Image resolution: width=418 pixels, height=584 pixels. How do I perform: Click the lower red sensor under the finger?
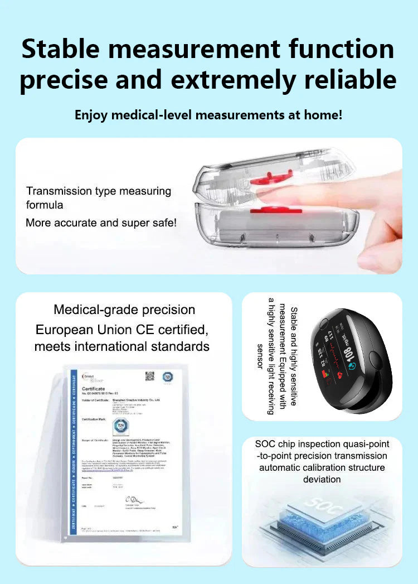coord(268,210)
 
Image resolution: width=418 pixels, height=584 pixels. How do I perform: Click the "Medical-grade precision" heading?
coord(124,310)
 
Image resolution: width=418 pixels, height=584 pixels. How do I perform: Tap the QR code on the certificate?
coord(149,376)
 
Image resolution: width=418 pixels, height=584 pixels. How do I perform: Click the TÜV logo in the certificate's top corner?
coord(167,377)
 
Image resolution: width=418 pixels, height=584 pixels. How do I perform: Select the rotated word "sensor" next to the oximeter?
coord(259,356)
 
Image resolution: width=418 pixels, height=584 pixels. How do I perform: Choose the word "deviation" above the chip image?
coord(322,479)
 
